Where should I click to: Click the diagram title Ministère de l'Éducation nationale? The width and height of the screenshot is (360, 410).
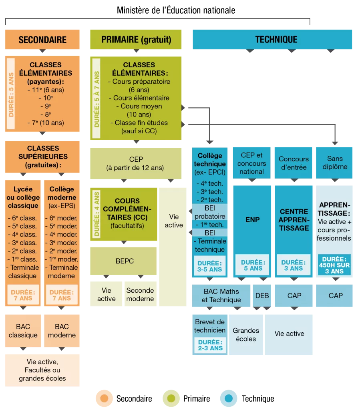tap(176, 10)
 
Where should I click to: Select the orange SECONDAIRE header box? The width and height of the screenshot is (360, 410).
tap(42, 40)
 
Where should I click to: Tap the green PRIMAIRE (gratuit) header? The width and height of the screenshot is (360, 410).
tap(136, 40)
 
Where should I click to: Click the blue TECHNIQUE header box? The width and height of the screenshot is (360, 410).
tap(272, 40)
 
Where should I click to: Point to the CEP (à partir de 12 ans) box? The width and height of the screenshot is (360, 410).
tap(136, 163)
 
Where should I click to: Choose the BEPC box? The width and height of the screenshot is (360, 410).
tap(123, 261)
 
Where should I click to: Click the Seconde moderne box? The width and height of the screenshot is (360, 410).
tap(141, 294)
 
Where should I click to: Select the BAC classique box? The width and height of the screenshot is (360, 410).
tap(23, 331)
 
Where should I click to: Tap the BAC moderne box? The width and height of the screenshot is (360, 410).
tap(62, 331)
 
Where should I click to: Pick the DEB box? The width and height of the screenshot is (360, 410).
tap(262, 295)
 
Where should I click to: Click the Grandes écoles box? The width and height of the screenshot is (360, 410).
tap(246, 335)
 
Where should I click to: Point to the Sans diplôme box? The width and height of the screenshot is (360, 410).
tap(334, 163)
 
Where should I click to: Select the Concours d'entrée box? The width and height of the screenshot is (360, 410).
tap(294, 163)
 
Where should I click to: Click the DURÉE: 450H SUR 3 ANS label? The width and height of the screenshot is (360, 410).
tap(334, 265)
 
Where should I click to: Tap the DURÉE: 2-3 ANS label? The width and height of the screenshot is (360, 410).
tap(210, 345)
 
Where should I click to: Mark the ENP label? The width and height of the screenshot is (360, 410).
tap(252, 220)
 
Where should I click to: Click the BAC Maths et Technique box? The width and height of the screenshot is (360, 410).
tap(221, 295)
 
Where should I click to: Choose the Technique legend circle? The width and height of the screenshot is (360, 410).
tap(229, 398)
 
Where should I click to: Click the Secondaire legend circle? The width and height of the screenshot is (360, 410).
tap(104, 398)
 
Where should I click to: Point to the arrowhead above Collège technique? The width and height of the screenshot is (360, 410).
tap(210, 142)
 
